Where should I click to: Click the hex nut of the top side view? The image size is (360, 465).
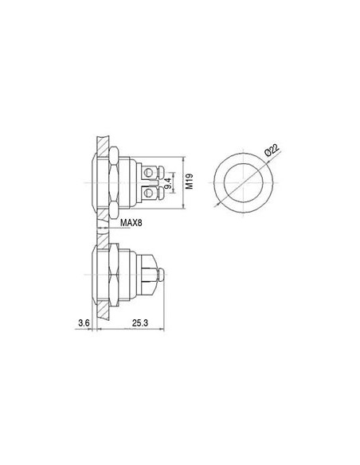(113, 182)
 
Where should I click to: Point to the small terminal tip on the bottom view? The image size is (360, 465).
(161, 277)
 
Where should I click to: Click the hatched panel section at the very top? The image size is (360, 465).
(100, 145)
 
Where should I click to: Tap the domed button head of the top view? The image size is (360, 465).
(94, 182)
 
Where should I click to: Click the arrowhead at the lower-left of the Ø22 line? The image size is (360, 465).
(217, 205)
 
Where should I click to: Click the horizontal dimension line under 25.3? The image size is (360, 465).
(131, 330)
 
